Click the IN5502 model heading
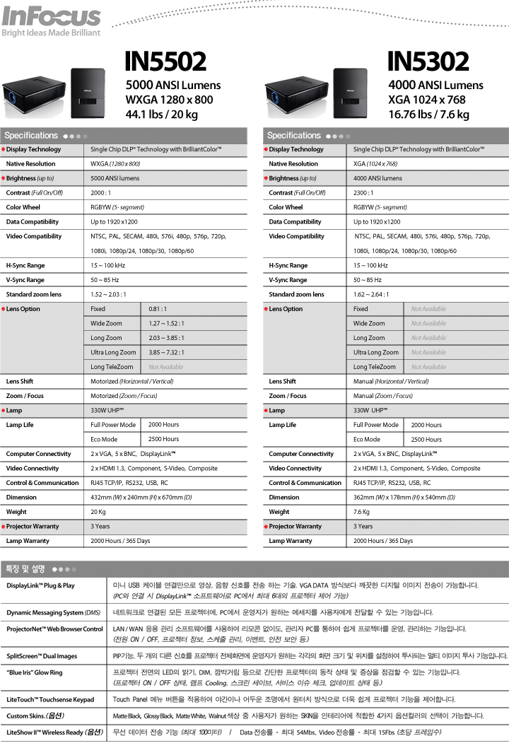click(165, 62)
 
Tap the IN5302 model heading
click(428, 62)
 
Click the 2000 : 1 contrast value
click(102, 193)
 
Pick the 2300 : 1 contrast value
click(365, 193)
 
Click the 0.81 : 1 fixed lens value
click(157, 309)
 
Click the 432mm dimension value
click(141, 498)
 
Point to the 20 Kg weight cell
click(98, 512)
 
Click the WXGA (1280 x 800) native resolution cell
click(115, 164)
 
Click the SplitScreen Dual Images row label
click(42, 657)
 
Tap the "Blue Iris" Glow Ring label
click(35, 673)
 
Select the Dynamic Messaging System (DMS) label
click(53, 612)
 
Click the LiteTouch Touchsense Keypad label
click(50, 700)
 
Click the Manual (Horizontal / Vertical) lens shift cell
click(391, 381)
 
